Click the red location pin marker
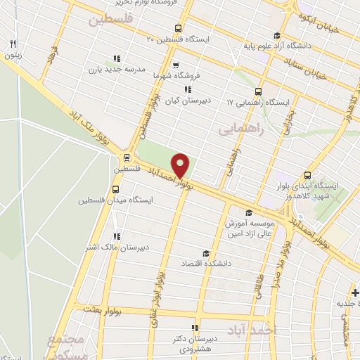click(181, 165)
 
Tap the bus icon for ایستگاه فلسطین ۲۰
click(178, 30)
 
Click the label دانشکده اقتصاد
click(226, 264)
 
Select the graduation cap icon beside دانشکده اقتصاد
click(206, 253)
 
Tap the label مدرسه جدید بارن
click(116, 70)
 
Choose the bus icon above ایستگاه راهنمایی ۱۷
click(258, 91)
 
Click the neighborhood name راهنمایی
click(240, 130)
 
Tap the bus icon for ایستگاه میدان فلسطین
click(116, 190)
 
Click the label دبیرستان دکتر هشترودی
click(194, 343)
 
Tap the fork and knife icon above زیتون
click(12, 44)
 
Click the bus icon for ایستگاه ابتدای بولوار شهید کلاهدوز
click(307, 176)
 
